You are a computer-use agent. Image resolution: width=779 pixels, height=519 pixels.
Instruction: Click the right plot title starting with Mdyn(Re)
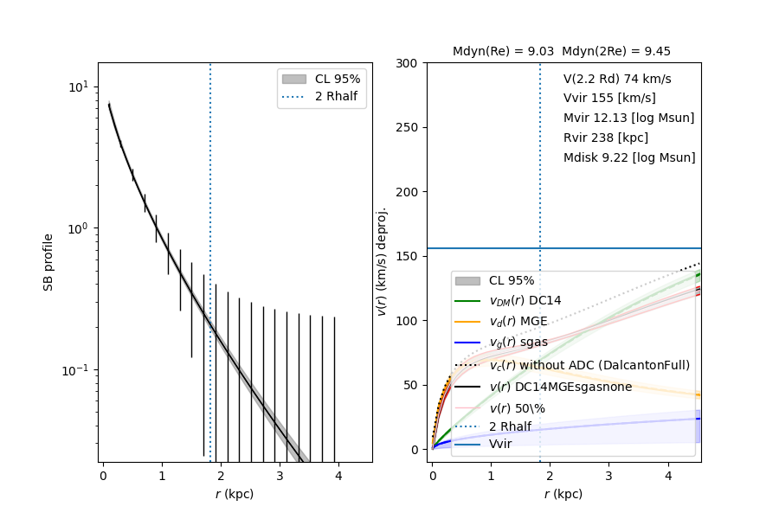coord(561,52)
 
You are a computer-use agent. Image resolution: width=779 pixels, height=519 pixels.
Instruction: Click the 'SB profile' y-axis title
coord(49,262)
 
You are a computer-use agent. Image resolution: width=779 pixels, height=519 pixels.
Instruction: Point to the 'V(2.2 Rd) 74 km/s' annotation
coord(617,79)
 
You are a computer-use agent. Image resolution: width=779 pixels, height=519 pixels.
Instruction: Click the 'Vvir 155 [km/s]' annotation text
coord(609,99)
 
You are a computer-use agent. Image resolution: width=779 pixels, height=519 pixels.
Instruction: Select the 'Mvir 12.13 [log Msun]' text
coord(628,119)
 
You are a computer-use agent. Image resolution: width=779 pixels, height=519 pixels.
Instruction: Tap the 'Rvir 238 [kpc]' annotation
coord(606,138)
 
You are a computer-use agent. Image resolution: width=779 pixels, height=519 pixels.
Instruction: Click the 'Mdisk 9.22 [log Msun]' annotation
coord(629,158)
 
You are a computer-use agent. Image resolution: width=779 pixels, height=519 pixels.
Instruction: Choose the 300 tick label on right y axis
coord(407,63)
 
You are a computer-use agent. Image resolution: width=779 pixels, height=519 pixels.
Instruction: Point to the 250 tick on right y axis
coord(407,128)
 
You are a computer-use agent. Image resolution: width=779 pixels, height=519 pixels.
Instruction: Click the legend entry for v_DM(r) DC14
coord(525,301)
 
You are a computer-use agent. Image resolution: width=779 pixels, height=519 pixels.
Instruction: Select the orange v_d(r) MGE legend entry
coord(518,322)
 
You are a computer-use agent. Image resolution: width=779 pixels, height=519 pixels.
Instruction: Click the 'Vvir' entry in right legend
coord(500,444)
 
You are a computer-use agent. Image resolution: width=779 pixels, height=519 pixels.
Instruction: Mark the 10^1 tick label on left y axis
coord(76,87)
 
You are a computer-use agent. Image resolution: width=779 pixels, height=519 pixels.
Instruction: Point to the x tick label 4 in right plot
coord(667,476)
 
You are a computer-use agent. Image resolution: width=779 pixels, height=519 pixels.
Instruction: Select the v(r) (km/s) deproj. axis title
coord(382,262)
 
